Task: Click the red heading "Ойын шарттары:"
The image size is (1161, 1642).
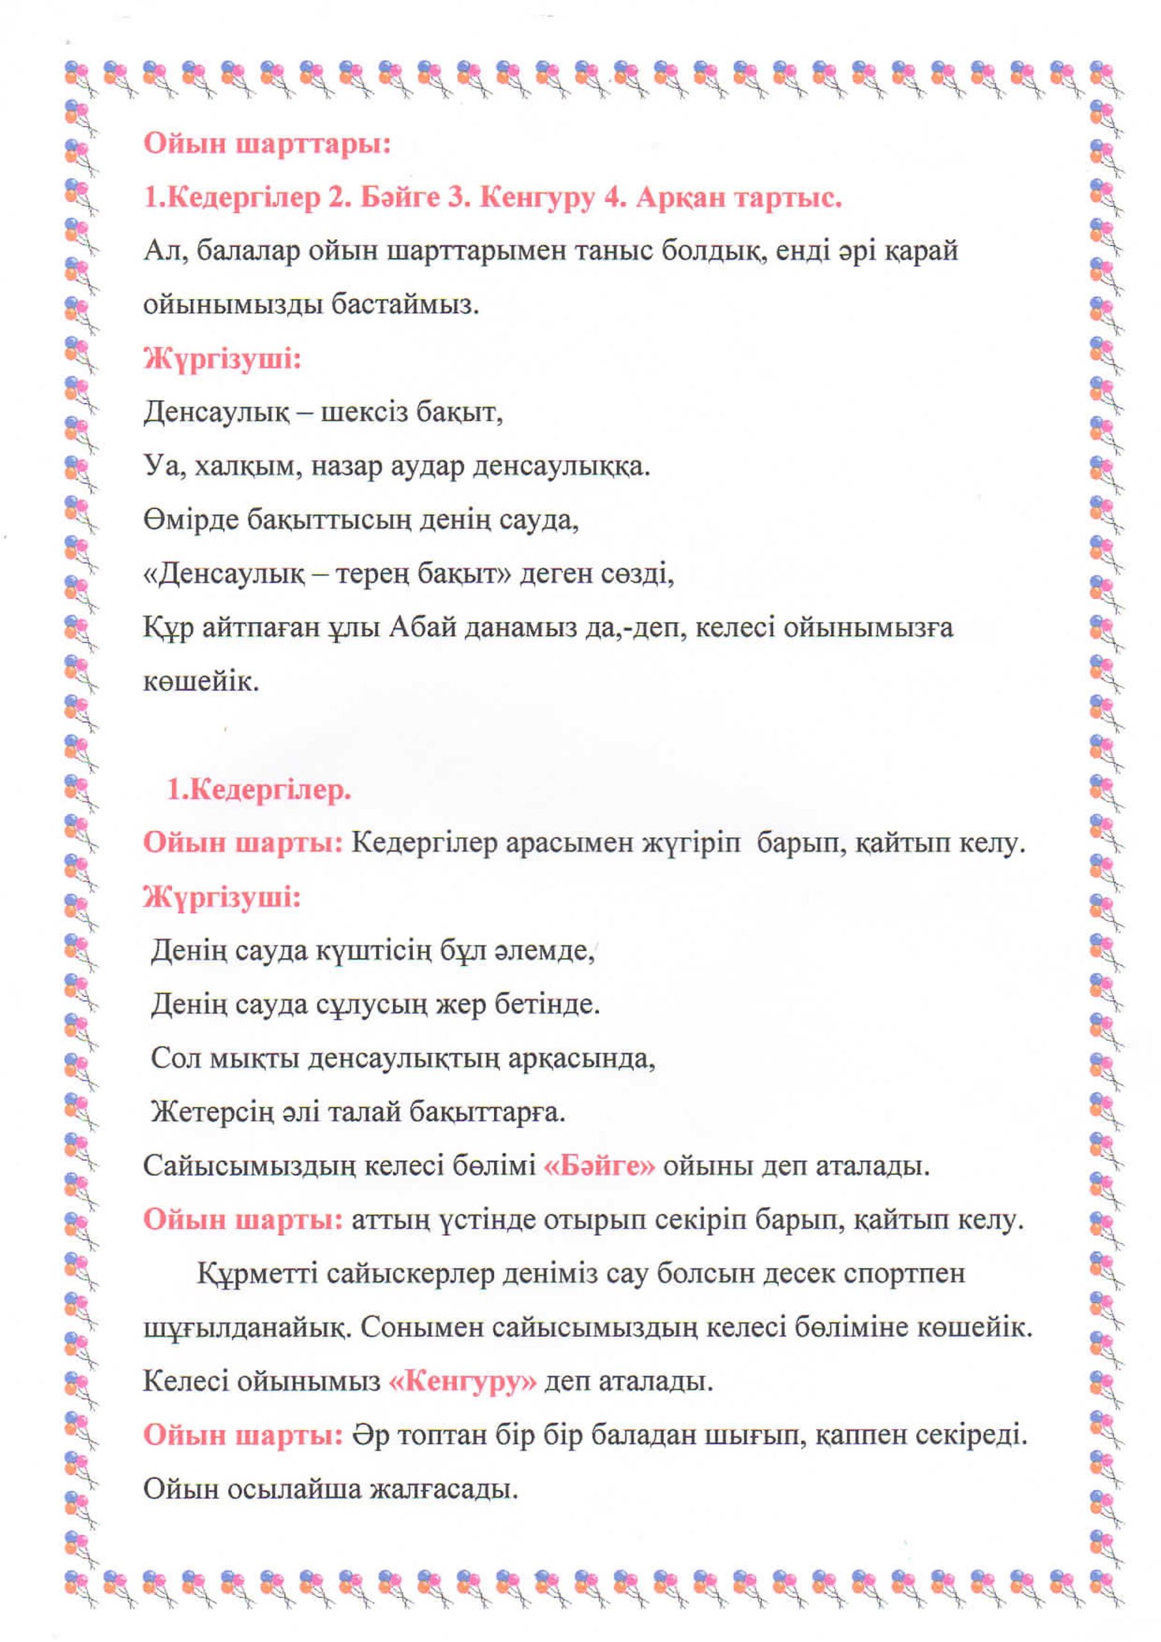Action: tap(267, 144)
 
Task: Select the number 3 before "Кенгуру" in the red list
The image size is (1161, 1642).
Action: tap(457, 198)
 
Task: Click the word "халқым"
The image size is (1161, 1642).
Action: tap(244, 467)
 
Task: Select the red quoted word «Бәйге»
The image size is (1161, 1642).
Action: tap(600, 1167)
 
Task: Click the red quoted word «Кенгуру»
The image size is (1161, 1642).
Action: tap(462, 1382)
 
